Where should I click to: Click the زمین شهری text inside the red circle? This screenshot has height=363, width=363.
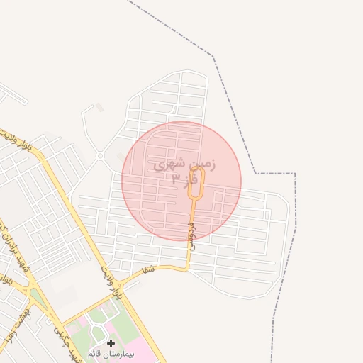point(184,165)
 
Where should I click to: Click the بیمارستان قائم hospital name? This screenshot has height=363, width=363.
point(111,353)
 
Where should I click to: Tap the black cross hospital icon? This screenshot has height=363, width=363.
point(111,343)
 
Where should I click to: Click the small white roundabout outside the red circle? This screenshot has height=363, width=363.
point(101,155)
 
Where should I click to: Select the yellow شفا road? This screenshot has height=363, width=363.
point(163,267)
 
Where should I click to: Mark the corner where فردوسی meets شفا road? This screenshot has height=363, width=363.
point(188,268)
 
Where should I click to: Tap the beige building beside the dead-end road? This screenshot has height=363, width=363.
point(99,108)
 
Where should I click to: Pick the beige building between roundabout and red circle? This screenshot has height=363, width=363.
point(121,157)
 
